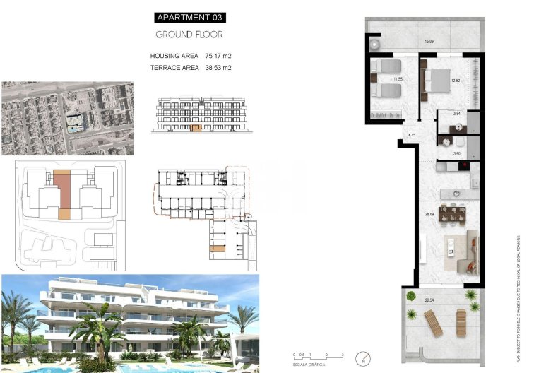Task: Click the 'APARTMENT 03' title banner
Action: (x=190, y=18)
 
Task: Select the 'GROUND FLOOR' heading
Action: (x=189, y=34)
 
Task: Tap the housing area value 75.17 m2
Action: (x=218, y=56)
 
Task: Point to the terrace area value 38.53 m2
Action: (x=218, y=68)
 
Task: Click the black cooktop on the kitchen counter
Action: (x=465, y=167)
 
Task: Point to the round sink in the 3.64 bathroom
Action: (x=458, y=128)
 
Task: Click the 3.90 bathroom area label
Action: (x=456, y=153)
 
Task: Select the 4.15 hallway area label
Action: (x=412, y=135)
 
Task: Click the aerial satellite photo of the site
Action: (x=68, y=118)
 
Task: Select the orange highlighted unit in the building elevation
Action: (x=196, y=129)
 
